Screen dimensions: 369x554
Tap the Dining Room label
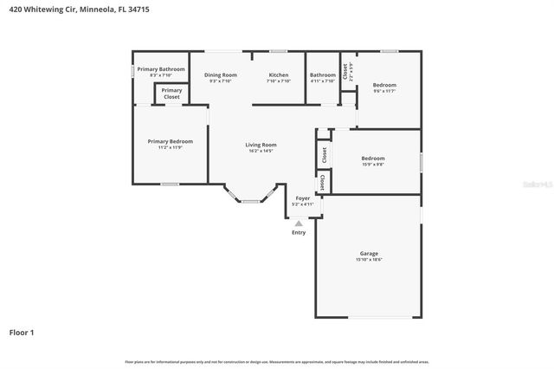pyautogui.click(x=221, y=74)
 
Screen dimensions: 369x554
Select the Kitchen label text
pyautogui.click(x=279, y=74)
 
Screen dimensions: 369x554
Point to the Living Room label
pyautogui.click(x=261, y=145)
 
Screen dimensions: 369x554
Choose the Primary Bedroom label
pyautogui.click(x=170, y=141)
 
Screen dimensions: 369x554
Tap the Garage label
pyautogui.click(x=369, y=253)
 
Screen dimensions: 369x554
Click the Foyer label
pyautogui.click(x=303, y=198)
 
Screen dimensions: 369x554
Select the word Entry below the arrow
pyautogui.click(x=299, y=232)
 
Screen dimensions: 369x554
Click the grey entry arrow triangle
pyautogui.click(x=299, y=223)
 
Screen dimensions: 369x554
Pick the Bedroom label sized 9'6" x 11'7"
pyautogui.click(x=384, y=85)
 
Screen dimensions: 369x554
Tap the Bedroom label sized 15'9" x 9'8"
pyautogui.click(x=373, y=159)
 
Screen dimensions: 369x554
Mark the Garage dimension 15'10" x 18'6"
pyautogui.click(x=369, y=260)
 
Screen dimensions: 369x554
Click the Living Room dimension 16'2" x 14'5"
pyautogui.click(x=261, y=152)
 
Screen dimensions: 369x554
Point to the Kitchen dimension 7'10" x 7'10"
pyautogui.click(x=279, y=81)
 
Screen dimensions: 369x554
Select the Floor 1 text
pyautogui.click(x=22, y=332)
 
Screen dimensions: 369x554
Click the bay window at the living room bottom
pyautogui.click(x=251, y=200)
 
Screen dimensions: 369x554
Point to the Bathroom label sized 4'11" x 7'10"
pyautogui.click(x=323, y=74)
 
